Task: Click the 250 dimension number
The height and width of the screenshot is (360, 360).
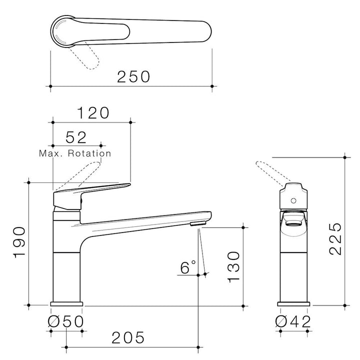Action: pyautogui.click(x=133, y=76)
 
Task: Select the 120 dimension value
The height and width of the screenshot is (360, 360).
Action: pyautogui.click(x=93, y=113)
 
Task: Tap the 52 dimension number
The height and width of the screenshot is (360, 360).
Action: pyautogui.click(x=76, y=137)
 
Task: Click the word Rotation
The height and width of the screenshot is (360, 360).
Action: pyautogui.click(x=89, y=153)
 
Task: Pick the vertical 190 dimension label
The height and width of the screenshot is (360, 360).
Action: pyautogui.click(x=19, y=242)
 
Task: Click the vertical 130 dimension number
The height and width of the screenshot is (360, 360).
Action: pyautogui.click(x=233, y=267)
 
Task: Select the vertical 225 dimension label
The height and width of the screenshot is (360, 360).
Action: pyautogui.click(x=335, y=239)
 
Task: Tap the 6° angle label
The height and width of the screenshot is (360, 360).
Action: pyautogui.click(x=188, y=267)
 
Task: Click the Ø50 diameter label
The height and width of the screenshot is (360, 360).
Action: pyautogui.click(x=66, y=321)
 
